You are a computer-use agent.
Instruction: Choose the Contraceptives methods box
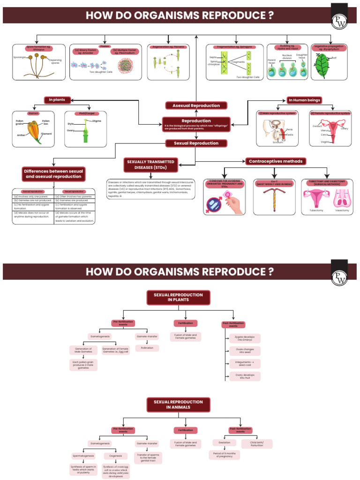pyautogui.click(x=276, y=161)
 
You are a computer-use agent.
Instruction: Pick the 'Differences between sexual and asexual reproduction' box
pyautogui.click(x=53, y=174)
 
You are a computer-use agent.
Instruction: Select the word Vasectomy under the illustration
pyautogui.click(x=342, y=210)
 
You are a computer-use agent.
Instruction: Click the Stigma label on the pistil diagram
pyautogui.click(x=97, y=121)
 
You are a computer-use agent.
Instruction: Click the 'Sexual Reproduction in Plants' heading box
pyautogui.click(x=175, y=298)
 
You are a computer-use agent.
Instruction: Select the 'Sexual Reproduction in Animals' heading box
pyautogui.click(x=175, y=405)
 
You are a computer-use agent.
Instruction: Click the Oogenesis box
pyautogui.click(x=115, y=455)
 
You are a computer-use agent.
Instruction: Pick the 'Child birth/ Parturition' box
pyautogui.click(x=256, y=443)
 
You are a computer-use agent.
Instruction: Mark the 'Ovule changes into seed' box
pyautogui.click(x=245, y=351)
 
